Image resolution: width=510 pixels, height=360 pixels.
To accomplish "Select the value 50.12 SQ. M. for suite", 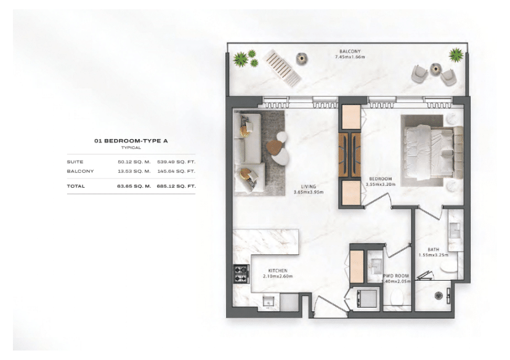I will coord(134,162).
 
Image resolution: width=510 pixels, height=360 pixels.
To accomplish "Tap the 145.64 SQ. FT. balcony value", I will coord(176,171).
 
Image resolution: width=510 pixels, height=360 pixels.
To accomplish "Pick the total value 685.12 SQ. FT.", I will coord(176,185).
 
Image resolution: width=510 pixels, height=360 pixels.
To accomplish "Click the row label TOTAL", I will coord(75,185).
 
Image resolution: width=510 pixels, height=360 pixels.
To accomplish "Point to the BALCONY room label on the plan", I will coord(350,51).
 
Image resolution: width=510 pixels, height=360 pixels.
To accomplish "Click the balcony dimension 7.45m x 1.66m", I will coord(350,57).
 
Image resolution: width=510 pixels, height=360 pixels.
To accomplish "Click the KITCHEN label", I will coord(278,271).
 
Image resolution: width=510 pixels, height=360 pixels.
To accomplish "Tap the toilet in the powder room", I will coord(397,299).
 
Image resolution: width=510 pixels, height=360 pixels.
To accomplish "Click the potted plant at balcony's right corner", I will coord(456,55).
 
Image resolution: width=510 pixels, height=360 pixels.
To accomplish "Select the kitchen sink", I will coord(268,300).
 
